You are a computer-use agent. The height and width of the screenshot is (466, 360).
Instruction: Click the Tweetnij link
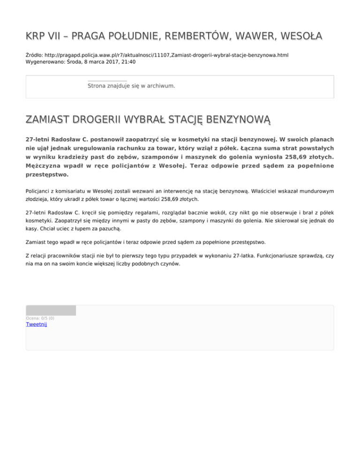[36, 324]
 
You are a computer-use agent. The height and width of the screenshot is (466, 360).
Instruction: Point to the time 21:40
[128, 61]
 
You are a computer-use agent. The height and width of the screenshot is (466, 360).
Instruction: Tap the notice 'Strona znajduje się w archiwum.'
[131, 86]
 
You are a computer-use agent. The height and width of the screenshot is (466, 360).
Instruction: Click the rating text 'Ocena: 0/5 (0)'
[40, 318]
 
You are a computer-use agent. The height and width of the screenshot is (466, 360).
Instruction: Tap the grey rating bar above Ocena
[51, 310]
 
